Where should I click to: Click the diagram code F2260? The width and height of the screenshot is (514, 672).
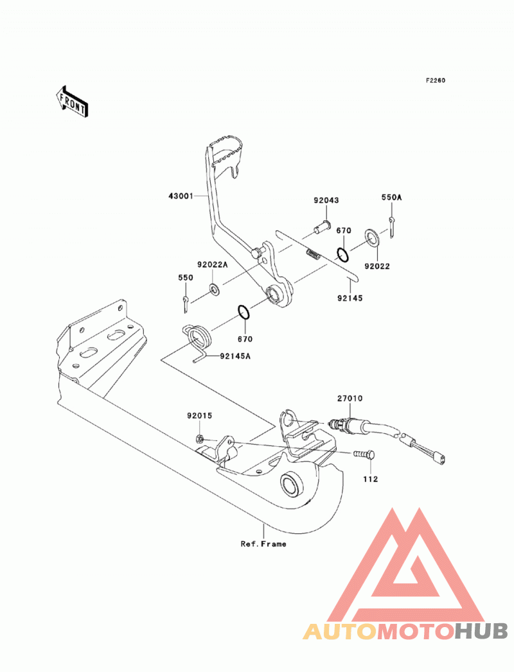(436, 80)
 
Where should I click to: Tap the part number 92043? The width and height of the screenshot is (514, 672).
(326, 200)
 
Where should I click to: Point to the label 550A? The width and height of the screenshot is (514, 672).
(392, 197)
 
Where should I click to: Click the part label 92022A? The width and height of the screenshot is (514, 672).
(213, 264)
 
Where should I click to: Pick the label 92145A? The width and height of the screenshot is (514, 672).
(235, 356)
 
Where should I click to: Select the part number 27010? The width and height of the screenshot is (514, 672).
(350, 398)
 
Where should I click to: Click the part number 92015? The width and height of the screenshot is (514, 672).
(200, 415)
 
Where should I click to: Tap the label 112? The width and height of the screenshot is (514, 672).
(370, 479)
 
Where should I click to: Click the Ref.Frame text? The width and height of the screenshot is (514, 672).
(263, 544)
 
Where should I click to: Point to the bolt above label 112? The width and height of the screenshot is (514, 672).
(364, 454)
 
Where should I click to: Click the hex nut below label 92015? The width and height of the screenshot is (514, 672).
(199, 438)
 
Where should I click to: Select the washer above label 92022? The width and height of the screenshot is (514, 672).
(372, 237)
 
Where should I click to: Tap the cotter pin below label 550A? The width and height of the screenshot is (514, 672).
(393, 227)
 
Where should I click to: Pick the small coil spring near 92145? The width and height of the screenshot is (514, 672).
(314, 255)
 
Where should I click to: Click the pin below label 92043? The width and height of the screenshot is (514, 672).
(321, 226)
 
